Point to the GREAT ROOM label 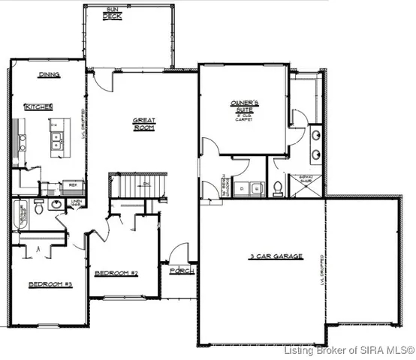(x=144, y=124)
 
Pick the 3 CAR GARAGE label (x=276, y=256)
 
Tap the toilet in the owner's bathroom (x=279, y=187)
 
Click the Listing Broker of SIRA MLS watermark (x=350, y=350)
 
